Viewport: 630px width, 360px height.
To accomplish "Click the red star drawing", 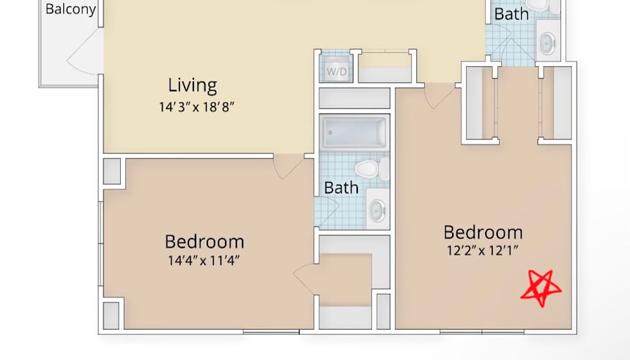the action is click(541, 288).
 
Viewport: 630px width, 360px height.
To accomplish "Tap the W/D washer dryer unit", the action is click(336, 69).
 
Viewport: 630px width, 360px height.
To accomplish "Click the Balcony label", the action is click(70, 9).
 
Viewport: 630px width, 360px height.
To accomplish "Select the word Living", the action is click(193, 85).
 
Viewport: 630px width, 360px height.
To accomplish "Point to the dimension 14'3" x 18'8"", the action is click(196, 108).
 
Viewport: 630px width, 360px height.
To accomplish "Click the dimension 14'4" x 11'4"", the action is click(204, 261).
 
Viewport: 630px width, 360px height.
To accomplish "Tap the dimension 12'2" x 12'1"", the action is click(482, 250).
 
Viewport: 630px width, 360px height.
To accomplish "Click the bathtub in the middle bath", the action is click(354, 132).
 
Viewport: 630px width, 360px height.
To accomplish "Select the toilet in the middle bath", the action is click(372, 169).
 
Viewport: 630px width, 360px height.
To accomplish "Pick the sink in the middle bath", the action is click(378, 209).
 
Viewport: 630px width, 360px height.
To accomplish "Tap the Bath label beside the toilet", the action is click(341, 188).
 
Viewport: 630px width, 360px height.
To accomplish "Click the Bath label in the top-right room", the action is click(511, 14).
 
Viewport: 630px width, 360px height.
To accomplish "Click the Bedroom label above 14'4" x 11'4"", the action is click(205, 242).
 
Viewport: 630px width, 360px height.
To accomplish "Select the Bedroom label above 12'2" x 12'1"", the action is click(483, 233).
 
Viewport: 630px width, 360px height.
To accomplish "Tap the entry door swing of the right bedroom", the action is click(440, 96).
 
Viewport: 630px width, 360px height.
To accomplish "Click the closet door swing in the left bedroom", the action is click(305, 278).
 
